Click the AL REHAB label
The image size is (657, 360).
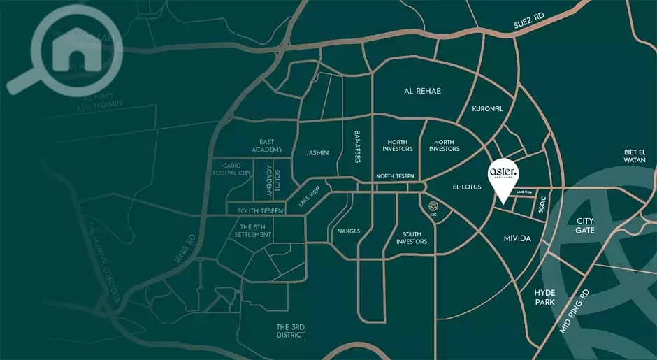[x=423, y=92]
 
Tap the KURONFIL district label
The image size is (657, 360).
[x=487, y=109]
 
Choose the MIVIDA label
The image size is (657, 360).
[x=517, y=239]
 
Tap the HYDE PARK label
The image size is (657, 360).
[x=544, y=297]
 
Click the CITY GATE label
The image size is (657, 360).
[x=585, y=226]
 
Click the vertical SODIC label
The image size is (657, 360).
[x=543, y=206]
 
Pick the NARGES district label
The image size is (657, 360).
[x=348, y=231]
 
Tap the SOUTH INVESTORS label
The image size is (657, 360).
[x=412, y=238]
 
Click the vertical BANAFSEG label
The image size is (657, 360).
[x=356, y=147]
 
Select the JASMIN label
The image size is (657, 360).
[x=317, y=152]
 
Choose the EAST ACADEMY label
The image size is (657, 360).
[x=270, y=146]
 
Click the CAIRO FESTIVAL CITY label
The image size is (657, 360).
[x=232, y=168]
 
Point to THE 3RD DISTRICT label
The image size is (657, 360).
[x=291, y=331]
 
